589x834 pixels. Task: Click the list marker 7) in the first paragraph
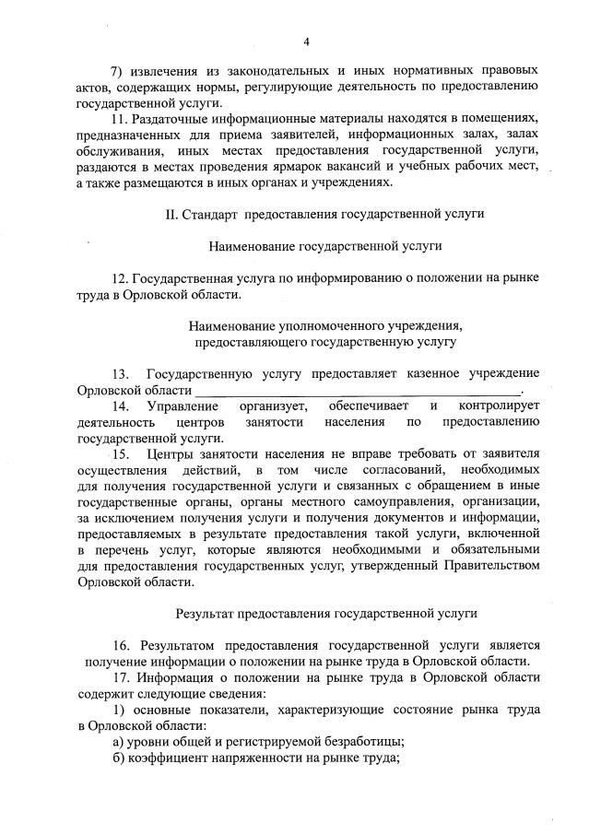(116, 70)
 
